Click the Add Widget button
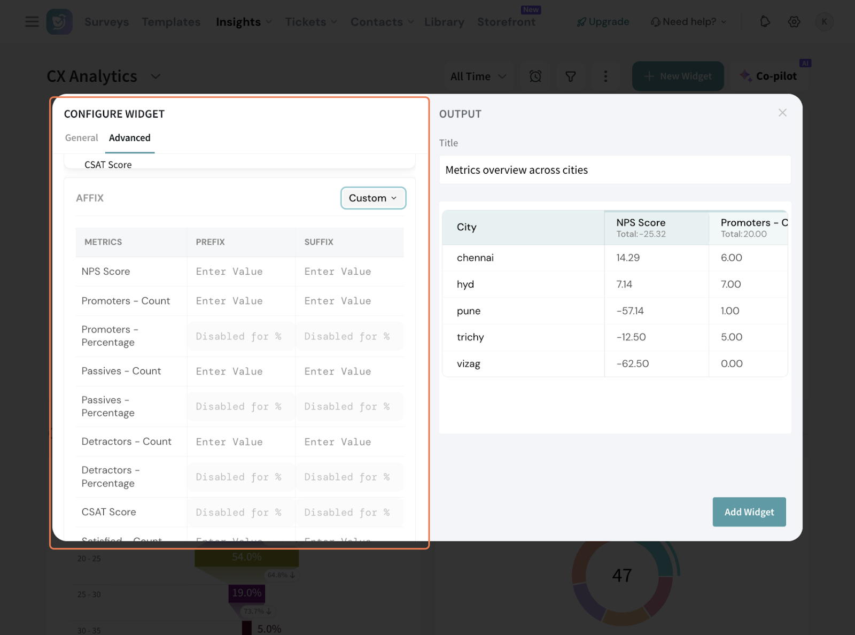749,512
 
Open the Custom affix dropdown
373,198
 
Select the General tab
81,138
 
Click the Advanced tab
130,138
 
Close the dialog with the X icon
782,113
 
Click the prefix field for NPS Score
240,272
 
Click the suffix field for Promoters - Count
348,301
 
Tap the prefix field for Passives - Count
240,371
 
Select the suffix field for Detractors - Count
348,442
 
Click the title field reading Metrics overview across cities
615,170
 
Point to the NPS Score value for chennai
628,258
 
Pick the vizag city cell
469,364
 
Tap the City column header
467,227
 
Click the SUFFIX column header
319,242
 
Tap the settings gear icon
794,22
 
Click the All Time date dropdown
478,76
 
